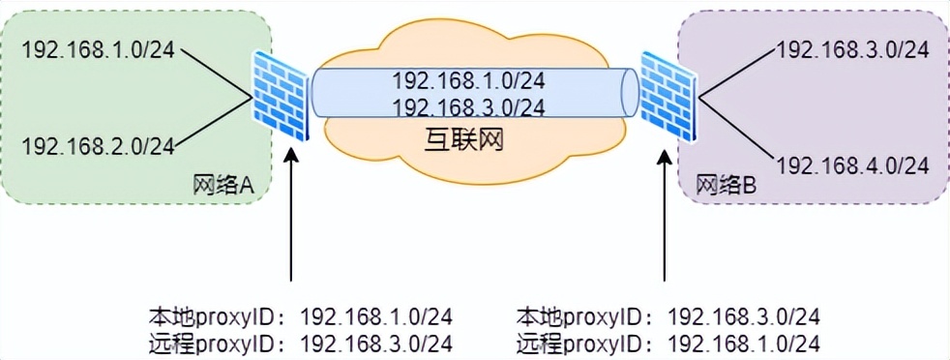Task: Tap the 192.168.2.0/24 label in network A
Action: (98, 146)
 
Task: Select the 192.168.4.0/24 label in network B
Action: (853, 165)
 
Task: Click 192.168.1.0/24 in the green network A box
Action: (98, 49)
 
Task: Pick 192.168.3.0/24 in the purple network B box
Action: (853, 49)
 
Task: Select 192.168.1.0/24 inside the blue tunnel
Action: (468, 81)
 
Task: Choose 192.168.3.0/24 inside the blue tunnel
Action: (468, 106)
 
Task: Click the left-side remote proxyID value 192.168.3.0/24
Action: (376, 343)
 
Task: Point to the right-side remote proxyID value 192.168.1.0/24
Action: (744, 343)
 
